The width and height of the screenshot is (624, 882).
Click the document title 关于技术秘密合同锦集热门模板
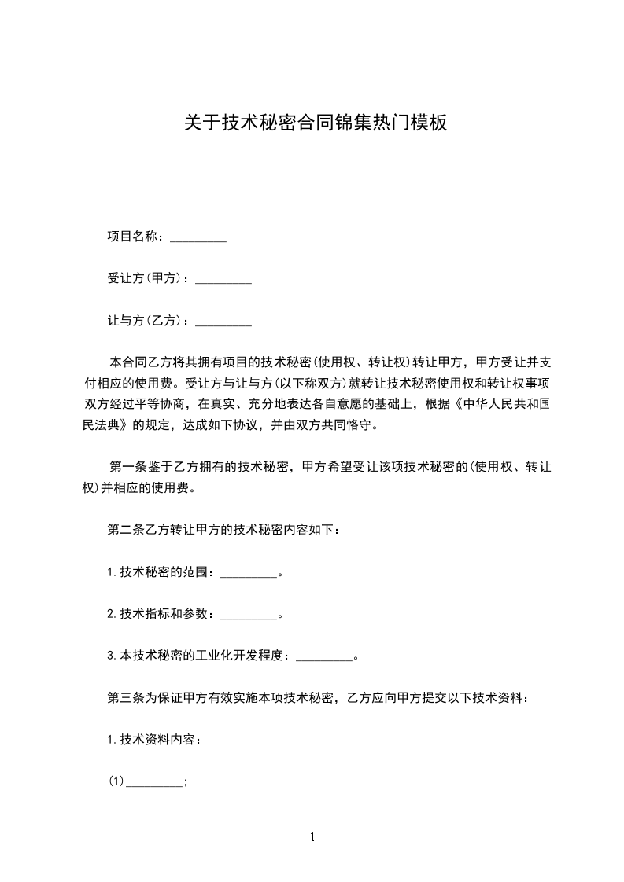(x=316, y=123)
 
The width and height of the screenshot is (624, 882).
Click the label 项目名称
(x=134, y=237)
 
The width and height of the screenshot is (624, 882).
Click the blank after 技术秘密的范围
(x=249, y=575)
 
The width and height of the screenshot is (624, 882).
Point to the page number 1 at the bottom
(x=312, y=837)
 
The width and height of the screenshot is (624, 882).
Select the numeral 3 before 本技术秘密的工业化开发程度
(x=110, y=655)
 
